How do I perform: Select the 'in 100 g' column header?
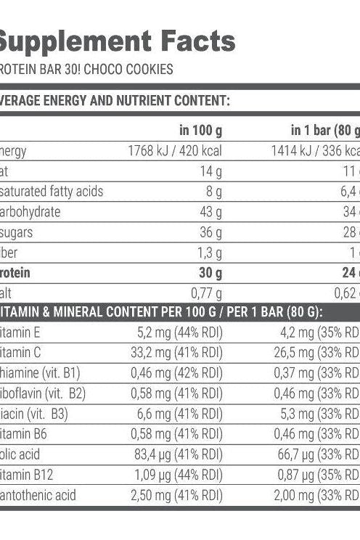click(x=200, y=131)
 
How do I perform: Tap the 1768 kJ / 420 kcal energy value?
click(x=175, y=151)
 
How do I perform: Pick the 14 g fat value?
click(x=213, y=171)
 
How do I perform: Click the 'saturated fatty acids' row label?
click(x=52, y=192)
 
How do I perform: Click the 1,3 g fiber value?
click(x=209, y=252)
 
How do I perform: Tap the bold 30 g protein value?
click(x=210, y=272)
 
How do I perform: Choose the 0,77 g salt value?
click(x=206, y=292)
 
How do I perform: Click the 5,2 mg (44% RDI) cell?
click(x=180, y=333)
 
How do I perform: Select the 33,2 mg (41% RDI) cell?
click(x=177, y=353)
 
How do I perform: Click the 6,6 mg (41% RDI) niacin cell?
click(x=180, y=414)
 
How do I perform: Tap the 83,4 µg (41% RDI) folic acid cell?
click(x=178, y=454)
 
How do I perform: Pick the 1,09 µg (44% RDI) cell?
click(x=179, y=475)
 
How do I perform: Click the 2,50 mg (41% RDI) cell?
click(x=176, y=495)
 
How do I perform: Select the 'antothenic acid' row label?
click(x=38, y=495)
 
